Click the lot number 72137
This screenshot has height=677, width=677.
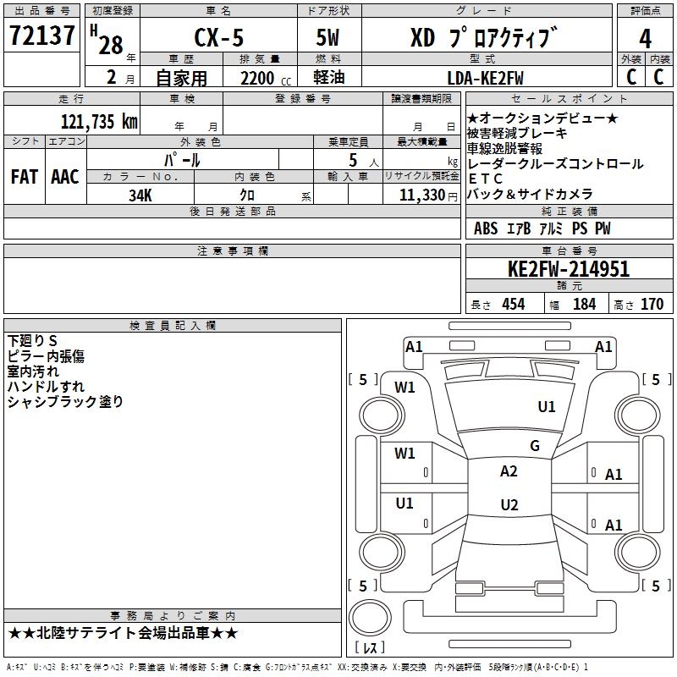41,35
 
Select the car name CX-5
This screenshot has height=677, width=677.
219,37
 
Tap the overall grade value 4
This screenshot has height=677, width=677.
645,38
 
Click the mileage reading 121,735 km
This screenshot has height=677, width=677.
99,121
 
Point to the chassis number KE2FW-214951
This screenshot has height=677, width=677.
569,269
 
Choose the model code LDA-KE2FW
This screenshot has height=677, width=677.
485,78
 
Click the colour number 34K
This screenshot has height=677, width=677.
140,195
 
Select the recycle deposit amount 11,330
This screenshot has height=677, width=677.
421,195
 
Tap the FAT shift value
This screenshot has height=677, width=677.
25,177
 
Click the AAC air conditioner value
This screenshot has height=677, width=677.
65,177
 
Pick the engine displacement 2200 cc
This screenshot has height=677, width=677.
266,78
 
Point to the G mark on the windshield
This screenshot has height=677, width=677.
535,445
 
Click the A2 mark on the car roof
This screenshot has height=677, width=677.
509,471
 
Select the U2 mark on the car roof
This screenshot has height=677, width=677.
509,504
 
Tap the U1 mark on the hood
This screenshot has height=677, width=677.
547,406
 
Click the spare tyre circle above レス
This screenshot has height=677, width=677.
370,618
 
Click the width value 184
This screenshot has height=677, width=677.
584,304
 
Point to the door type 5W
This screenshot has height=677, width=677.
327,37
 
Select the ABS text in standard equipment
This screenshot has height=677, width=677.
486,228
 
